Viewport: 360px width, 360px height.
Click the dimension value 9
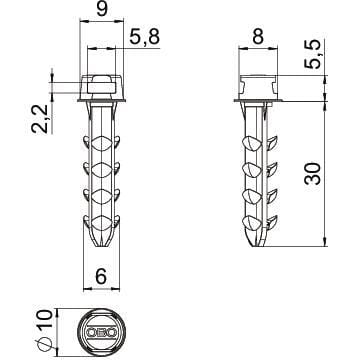tap(102, 10)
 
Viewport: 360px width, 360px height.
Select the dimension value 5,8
tap(144, 37)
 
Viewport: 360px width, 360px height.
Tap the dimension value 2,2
tap(39, 118)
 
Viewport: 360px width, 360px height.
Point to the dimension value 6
tap(101, 276)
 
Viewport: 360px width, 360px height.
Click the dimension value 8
tap(258, 37)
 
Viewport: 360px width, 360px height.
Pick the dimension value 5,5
tap(313, 54)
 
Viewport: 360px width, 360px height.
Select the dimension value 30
tap(313, 173)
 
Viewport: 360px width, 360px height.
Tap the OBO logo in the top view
tap(102, 332)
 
